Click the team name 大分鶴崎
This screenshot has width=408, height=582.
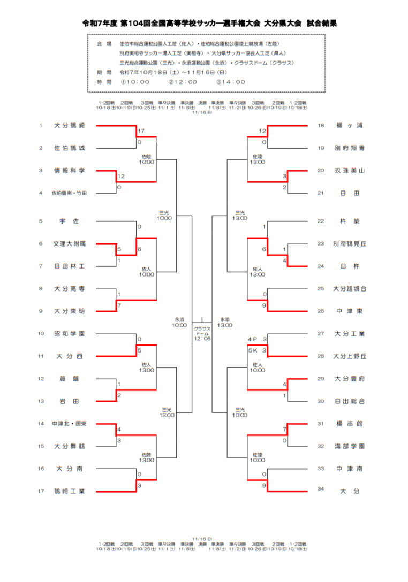70,126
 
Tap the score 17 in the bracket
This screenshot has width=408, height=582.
141,131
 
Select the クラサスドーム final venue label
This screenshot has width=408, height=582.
203,331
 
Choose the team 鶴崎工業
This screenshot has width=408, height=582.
70,491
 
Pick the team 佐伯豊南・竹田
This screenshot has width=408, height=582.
70,193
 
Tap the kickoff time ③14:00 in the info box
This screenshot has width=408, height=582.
231,82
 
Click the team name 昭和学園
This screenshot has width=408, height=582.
70,333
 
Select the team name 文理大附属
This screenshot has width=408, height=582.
70,243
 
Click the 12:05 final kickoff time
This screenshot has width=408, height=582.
203,339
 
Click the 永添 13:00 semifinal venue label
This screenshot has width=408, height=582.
225,322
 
